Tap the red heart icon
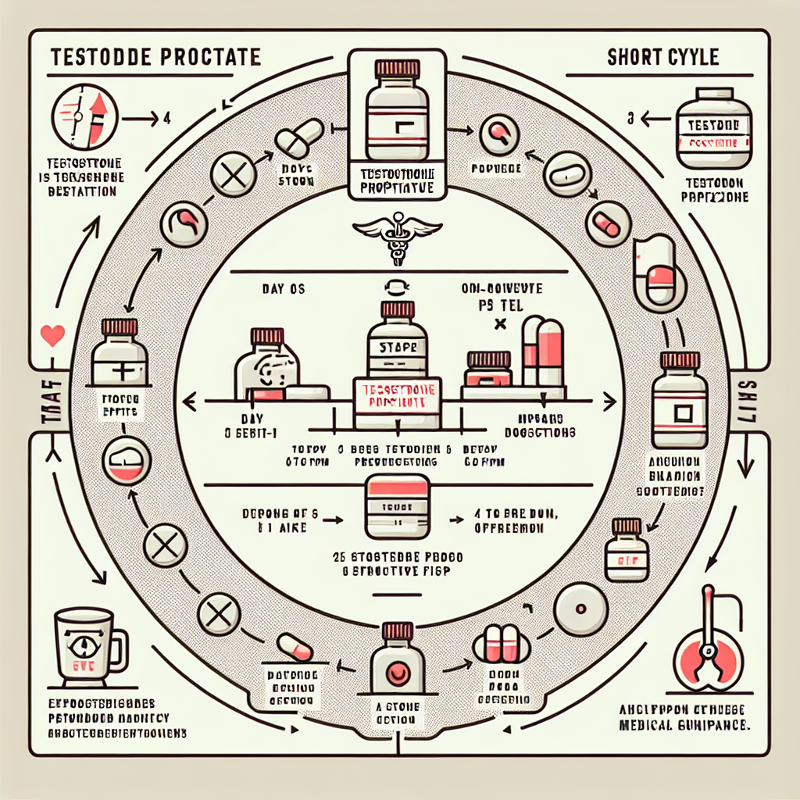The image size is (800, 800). [52, 337]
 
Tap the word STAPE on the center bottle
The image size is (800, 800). [398, 345]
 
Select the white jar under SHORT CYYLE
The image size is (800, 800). [713, 133]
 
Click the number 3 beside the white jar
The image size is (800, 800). [630, 120]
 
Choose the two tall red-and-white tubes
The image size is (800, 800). [542, 352]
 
